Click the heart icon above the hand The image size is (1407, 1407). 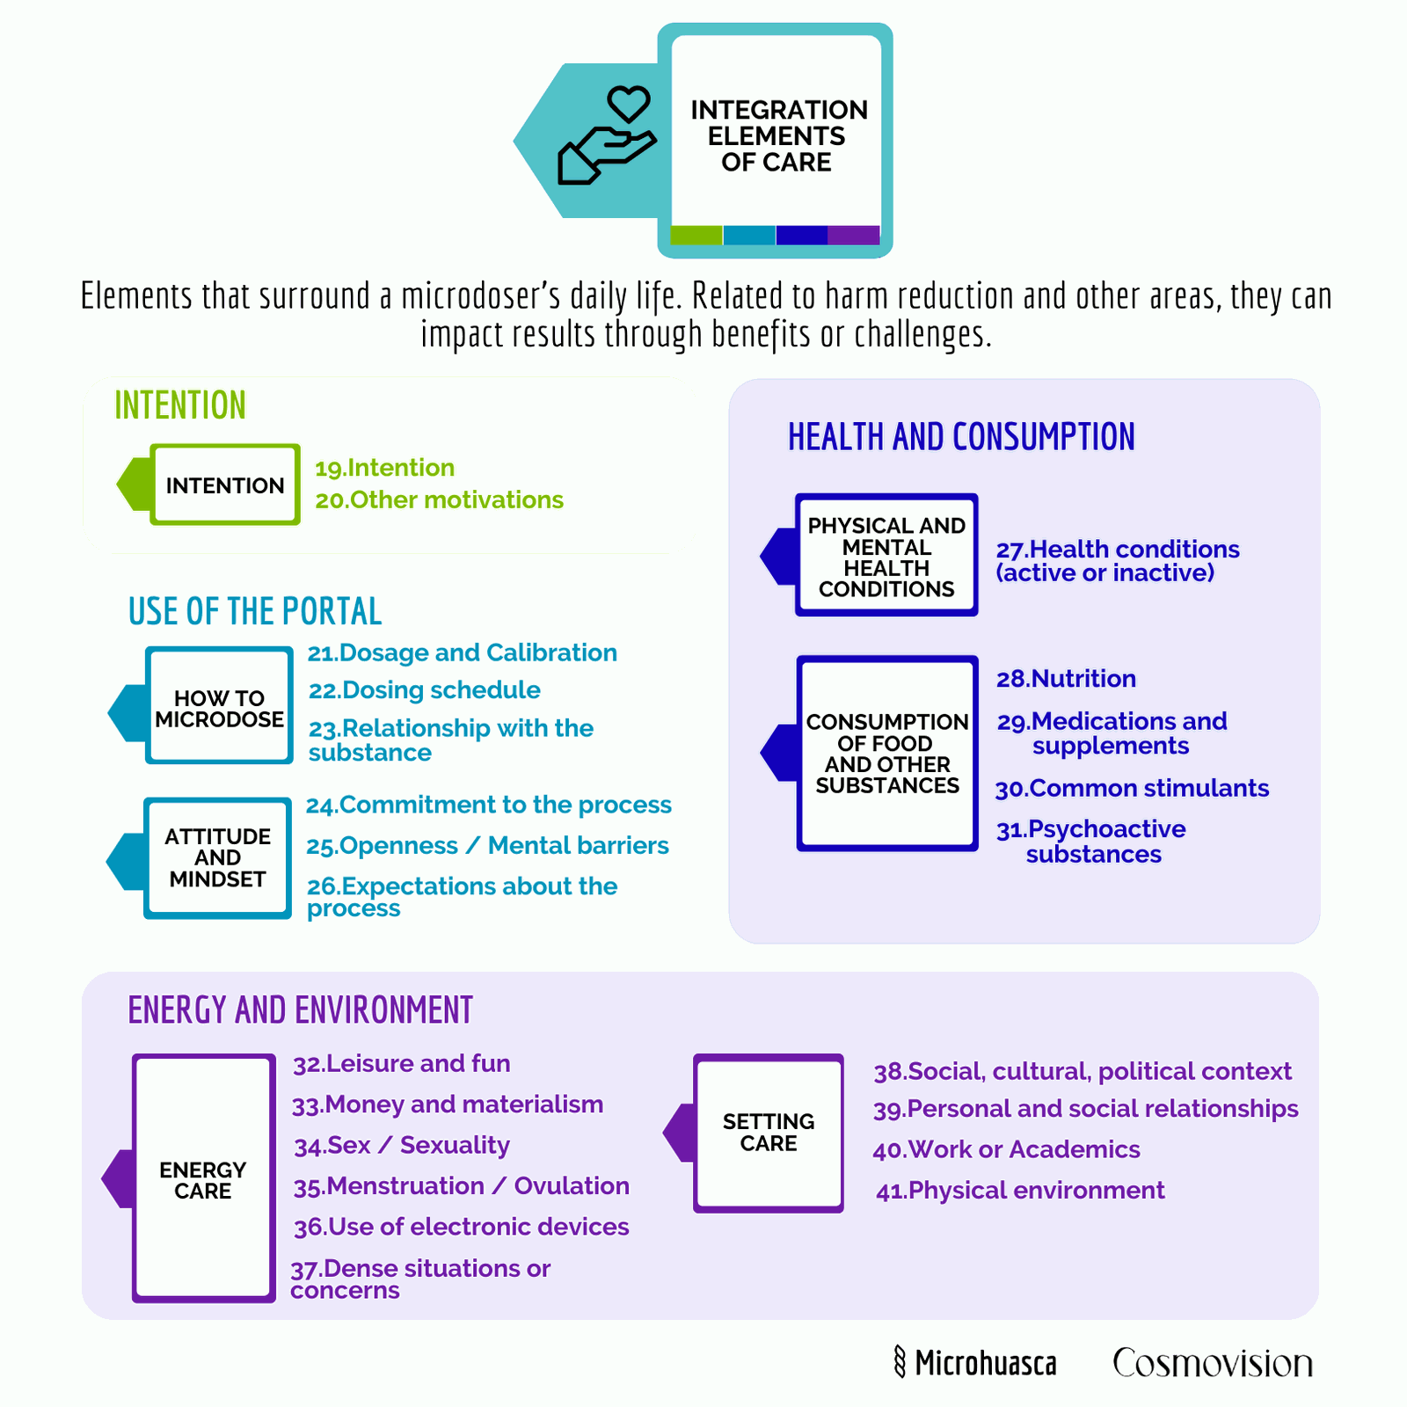coord(629,104)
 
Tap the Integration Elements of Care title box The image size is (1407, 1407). coord(776,141)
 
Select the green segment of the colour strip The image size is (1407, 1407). coord(696,235)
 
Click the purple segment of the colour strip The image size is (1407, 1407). coord(854,235)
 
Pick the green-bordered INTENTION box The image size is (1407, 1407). coord(225,485)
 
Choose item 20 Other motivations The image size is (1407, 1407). coord(440,499)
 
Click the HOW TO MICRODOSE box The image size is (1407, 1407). coord(219,705)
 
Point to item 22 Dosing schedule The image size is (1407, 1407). coord(425,690)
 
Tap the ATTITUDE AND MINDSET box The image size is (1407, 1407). coord(217,858)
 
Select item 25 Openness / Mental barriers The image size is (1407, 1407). coord(488,846)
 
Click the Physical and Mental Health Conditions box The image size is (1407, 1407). coord(886,555)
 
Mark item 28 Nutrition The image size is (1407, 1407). coord(1066,679)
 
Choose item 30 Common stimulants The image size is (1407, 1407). coord(1133,788)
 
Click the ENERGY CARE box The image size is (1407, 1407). coord(204,1178)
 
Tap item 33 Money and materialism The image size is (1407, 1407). coord(448,1104)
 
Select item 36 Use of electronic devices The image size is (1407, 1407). coord(462,1227)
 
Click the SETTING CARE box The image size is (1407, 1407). coord(769,1133)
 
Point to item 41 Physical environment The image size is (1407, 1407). coord(1020,1191)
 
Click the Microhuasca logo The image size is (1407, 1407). coord(974,1362)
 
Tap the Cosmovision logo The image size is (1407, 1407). coord(1213,1363)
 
